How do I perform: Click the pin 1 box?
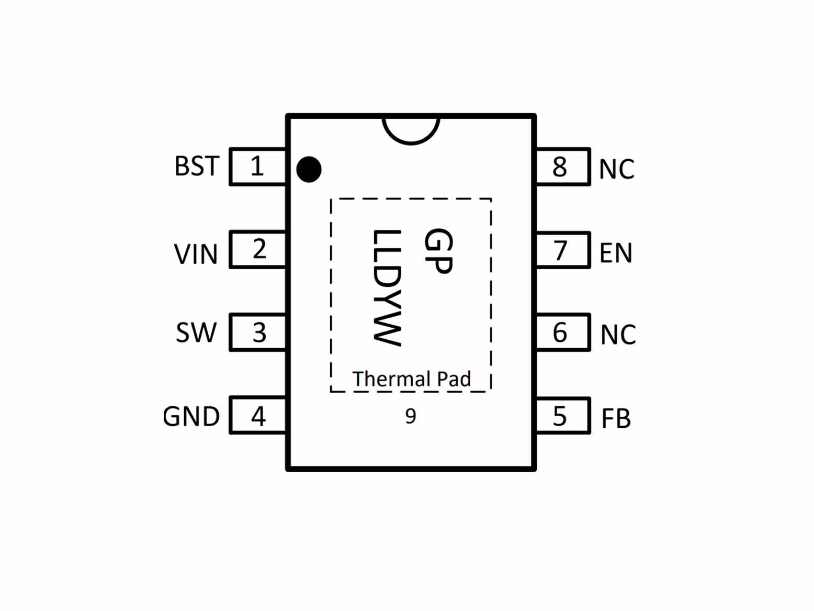tap(258, 166)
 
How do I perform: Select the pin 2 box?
tap(258, 249)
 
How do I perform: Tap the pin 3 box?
tap(258, 332)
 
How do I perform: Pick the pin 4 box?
tap(258, 415)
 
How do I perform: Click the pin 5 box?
tap(563, 416)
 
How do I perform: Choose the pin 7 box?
tap(563, 250)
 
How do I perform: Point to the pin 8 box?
tap(563, 166)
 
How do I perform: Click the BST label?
tap(197, 166)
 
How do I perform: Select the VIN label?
tap(196, 254)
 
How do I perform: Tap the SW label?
tap(196, 332)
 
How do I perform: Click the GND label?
tap(191, 416)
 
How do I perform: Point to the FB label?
tap(616, 419)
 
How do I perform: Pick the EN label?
tap(616, 253)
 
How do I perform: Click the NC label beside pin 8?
tap(616, 169)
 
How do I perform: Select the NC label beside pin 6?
tap(618, 335)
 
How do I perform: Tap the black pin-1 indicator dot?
tap(309, 170)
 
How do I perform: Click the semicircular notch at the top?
tap(411, 143)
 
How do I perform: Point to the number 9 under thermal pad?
tap(411, 416)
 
